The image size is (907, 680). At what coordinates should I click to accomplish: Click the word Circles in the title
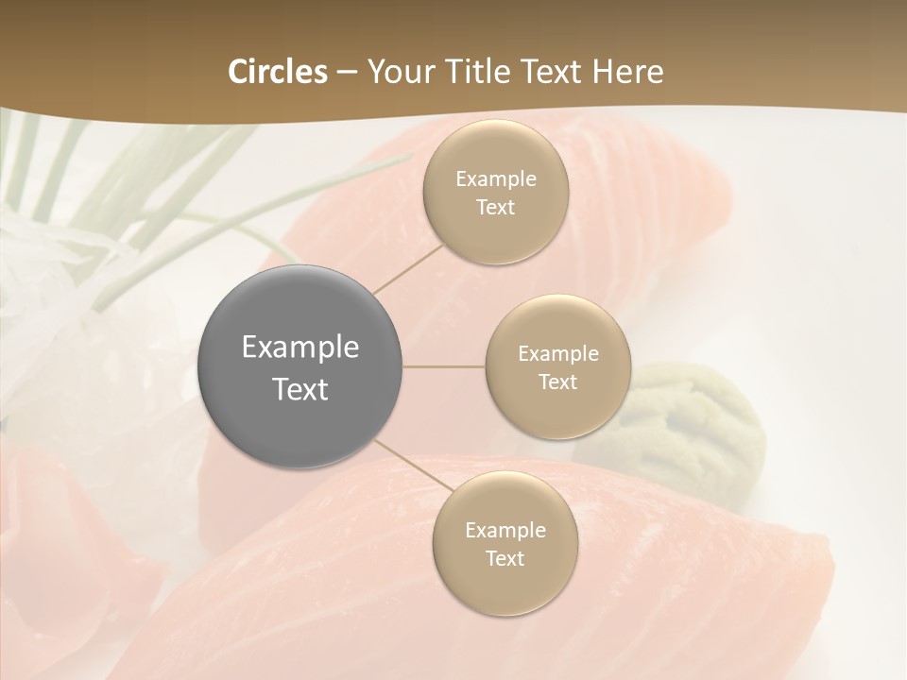(277, 72)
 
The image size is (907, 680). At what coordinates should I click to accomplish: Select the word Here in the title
(627, 72)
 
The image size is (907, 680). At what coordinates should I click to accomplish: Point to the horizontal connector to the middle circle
(444, 366)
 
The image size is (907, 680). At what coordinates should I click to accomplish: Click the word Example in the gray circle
(300, 348)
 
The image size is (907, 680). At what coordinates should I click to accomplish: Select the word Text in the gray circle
(300, 389)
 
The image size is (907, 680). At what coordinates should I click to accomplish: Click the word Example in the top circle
(495, 178)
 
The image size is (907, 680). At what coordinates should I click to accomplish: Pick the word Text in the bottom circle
(505, 558)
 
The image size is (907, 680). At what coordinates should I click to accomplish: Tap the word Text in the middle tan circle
(557, 382)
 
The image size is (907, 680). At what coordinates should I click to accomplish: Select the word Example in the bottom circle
(505, 530)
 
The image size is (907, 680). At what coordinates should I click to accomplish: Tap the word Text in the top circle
(495, 207)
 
